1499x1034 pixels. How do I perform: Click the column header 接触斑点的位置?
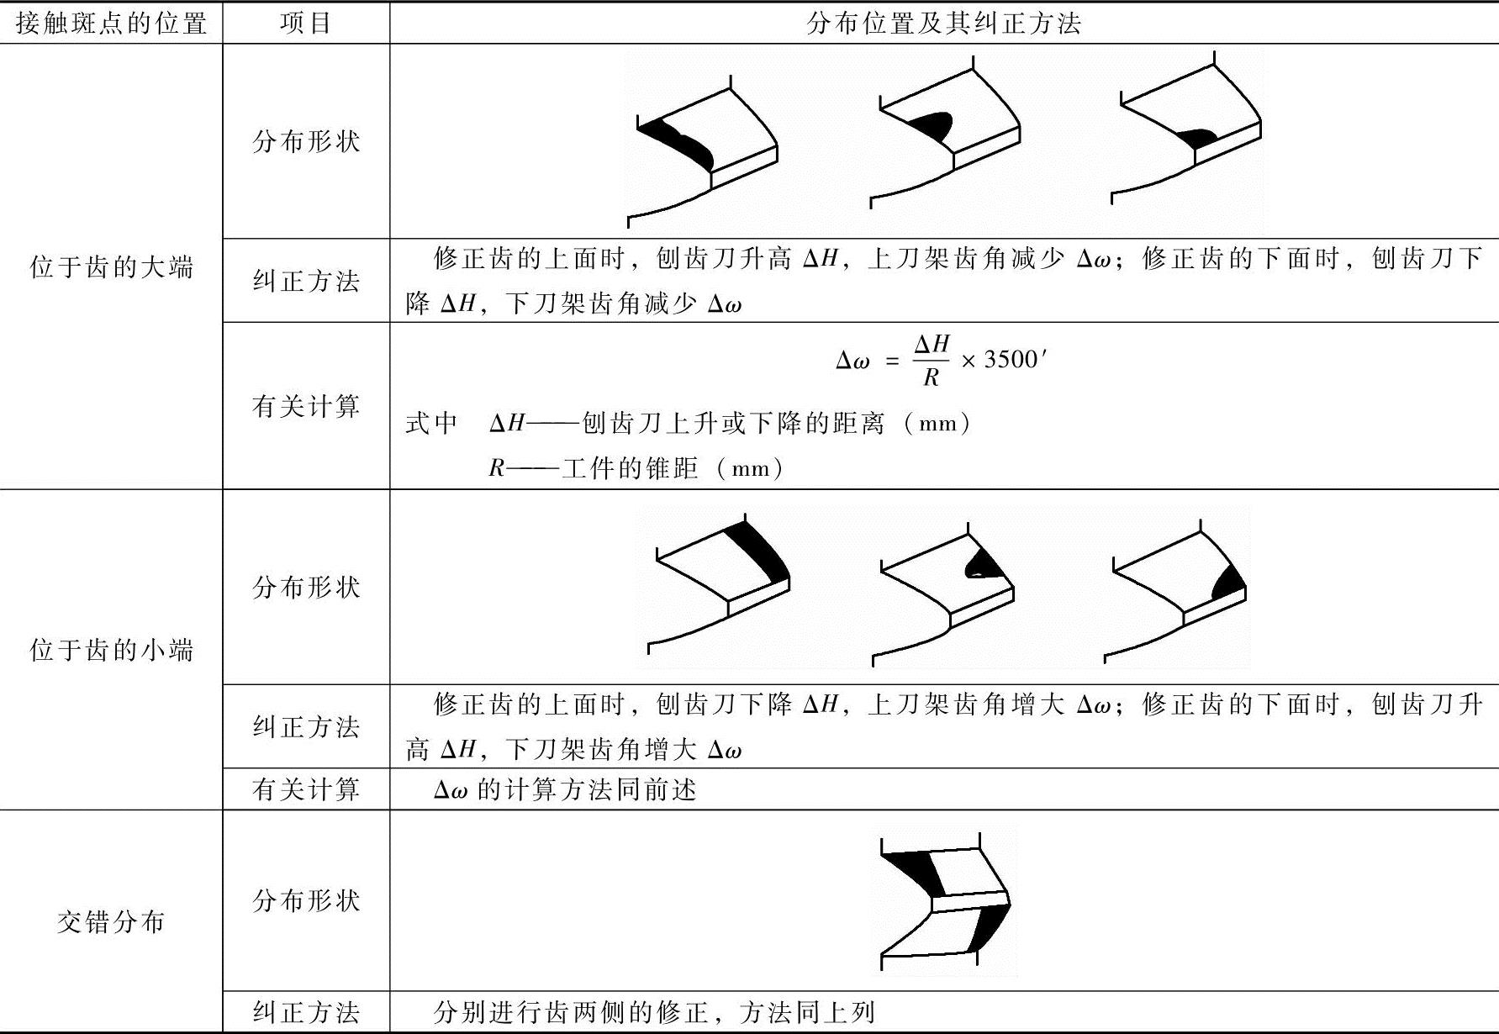click(111, 23)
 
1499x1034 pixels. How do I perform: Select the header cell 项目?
click(306, 23)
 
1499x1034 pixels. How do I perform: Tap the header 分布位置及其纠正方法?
click(943, 23)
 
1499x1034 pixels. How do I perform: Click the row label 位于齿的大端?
click(111, 267)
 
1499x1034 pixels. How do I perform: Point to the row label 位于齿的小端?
click(111, 650)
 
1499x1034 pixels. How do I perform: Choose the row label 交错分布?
click(111, 922)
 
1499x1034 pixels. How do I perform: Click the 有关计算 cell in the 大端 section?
click(306, 407)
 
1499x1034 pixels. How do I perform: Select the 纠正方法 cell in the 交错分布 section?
click(306, 1012)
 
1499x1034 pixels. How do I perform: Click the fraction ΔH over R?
click(932, 360)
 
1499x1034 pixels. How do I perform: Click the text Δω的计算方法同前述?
click(565, 790)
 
